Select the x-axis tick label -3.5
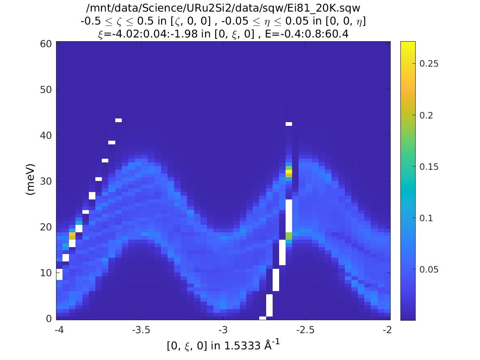pyautogui.click(x=141, y=329)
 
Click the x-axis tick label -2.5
pyautogui.click(x=305, y=329)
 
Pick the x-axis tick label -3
pyautogui.click(x=223, y=329)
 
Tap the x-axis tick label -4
pyautogui.click(x=59, y=329)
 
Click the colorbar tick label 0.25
pyautogui.click(x=429, y=64)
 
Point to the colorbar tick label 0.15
pyautogui.click(x=429, y=167)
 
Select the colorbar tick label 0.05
pyautogui.click(x=429, y=269)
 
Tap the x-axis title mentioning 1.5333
pyautogui.click(x=223, y=346)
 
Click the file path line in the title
pyautogui.click(x=223, y=8)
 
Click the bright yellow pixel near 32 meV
pyautogui.click(x=289, y=172)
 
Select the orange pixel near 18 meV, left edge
pyautogui.click(x=72, y=236)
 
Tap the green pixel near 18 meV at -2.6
pyautogui.click(x=289, y=236)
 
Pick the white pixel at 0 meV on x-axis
pyautogui.click(x=262, y=318)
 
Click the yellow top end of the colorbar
pyautogui.click(x=408, y=43)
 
